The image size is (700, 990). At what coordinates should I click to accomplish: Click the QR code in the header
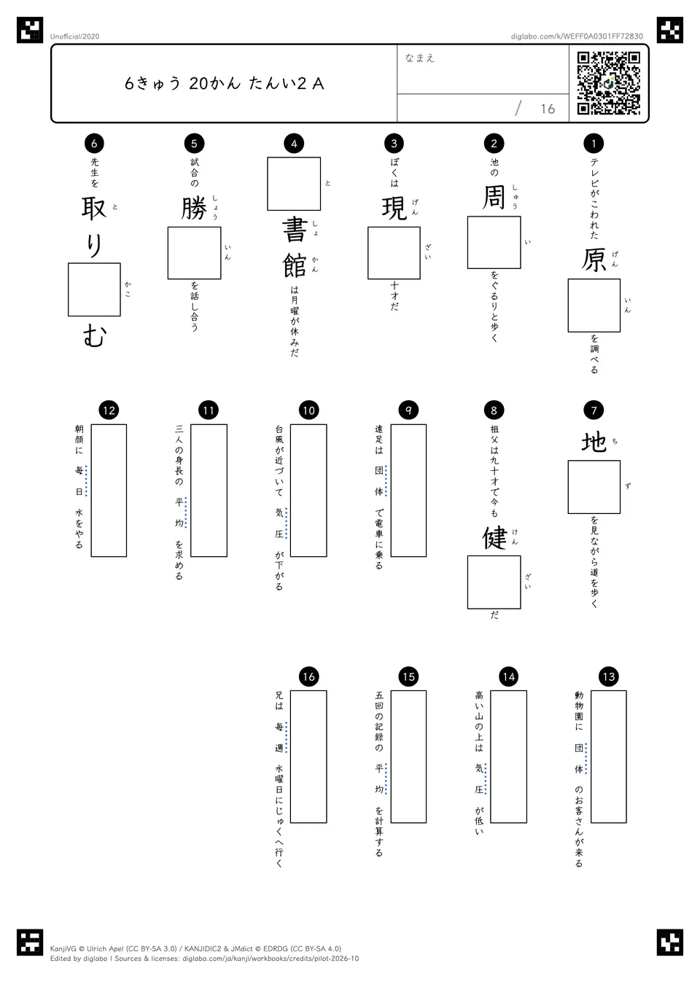click(609, 83)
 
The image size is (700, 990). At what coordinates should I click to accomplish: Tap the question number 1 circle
click(594, 143)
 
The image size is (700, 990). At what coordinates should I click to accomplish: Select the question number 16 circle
click(308, 677)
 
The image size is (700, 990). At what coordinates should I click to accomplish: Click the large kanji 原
click(594, 260)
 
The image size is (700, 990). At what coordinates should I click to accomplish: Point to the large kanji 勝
click(194, 208)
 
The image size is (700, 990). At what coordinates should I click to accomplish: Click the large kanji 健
click(494, 537)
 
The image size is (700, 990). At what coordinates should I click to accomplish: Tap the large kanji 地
click(594, 442)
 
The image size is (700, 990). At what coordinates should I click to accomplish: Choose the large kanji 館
click(295, 265)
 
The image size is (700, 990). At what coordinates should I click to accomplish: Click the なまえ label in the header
click(419, 58)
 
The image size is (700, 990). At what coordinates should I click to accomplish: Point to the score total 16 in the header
click(548, 109)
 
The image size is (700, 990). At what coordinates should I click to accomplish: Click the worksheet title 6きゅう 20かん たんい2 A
click(225, 83)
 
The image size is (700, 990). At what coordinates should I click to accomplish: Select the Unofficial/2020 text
click(74, 36)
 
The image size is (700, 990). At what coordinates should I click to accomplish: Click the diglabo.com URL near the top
click(577, 36)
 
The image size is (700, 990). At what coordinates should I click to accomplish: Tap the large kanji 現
click(394, 208)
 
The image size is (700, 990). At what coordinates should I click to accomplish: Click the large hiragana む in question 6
click(94, 335)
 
